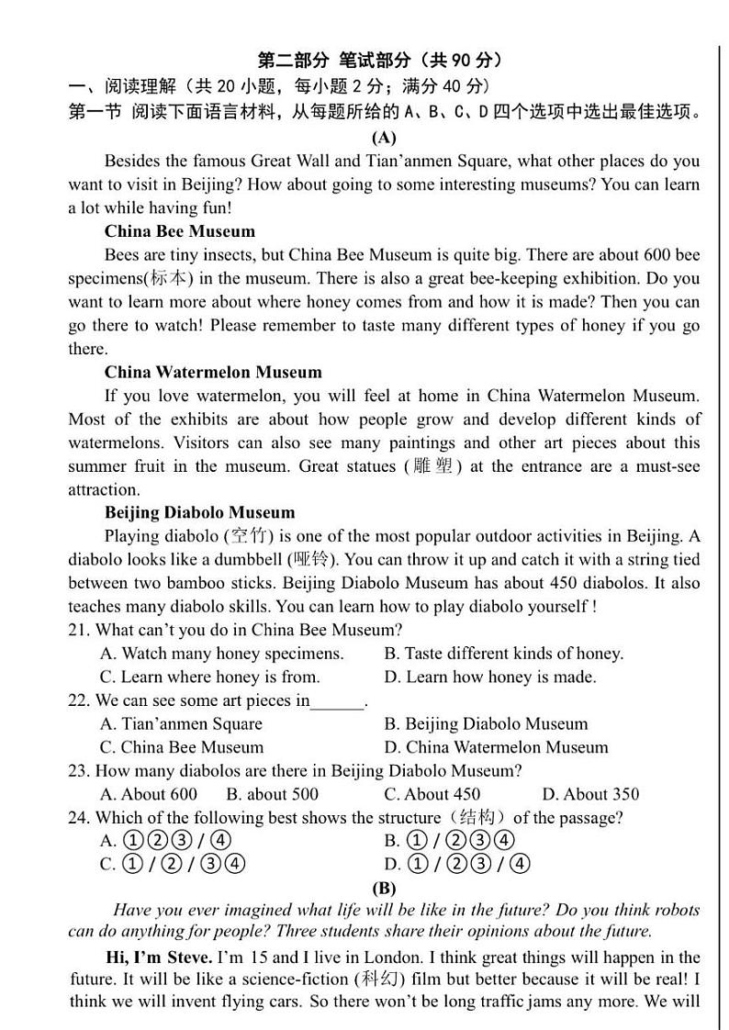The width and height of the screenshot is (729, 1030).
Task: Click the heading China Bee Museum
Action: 180,231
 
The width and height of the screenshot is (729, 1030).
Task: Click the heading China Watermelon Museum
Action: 213,372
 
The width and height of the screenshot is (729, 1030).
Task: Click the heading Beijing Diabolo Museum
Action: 200,512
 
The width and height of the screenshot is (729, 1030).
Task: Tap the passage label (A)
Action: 384,138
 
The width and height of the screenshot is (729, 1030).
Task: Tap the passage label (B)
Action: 384,888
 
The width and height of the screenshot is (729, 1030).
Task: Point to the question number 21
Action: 78,630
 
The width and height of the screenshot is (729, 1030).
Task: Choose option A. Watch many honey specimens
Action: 221,654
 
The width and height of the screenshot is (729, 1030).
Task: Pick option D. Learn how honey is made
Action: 490,677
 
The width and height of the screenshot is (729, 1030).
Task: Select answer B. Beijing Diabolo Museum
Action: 486,723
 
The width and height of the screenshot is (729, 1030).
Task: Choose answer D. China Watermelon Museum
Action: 496,747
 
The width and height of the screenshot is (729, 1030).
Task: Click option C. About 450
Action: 432,794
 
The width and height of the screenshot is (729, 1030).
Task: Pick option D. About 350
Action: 590,794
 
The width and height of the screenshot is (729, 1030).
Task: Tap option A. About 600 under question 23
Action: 148,794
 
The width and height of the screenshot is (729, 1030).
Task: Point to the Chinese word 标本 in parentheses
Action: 166,278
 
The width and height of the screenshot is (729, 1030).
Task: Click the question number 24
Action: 78,817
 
